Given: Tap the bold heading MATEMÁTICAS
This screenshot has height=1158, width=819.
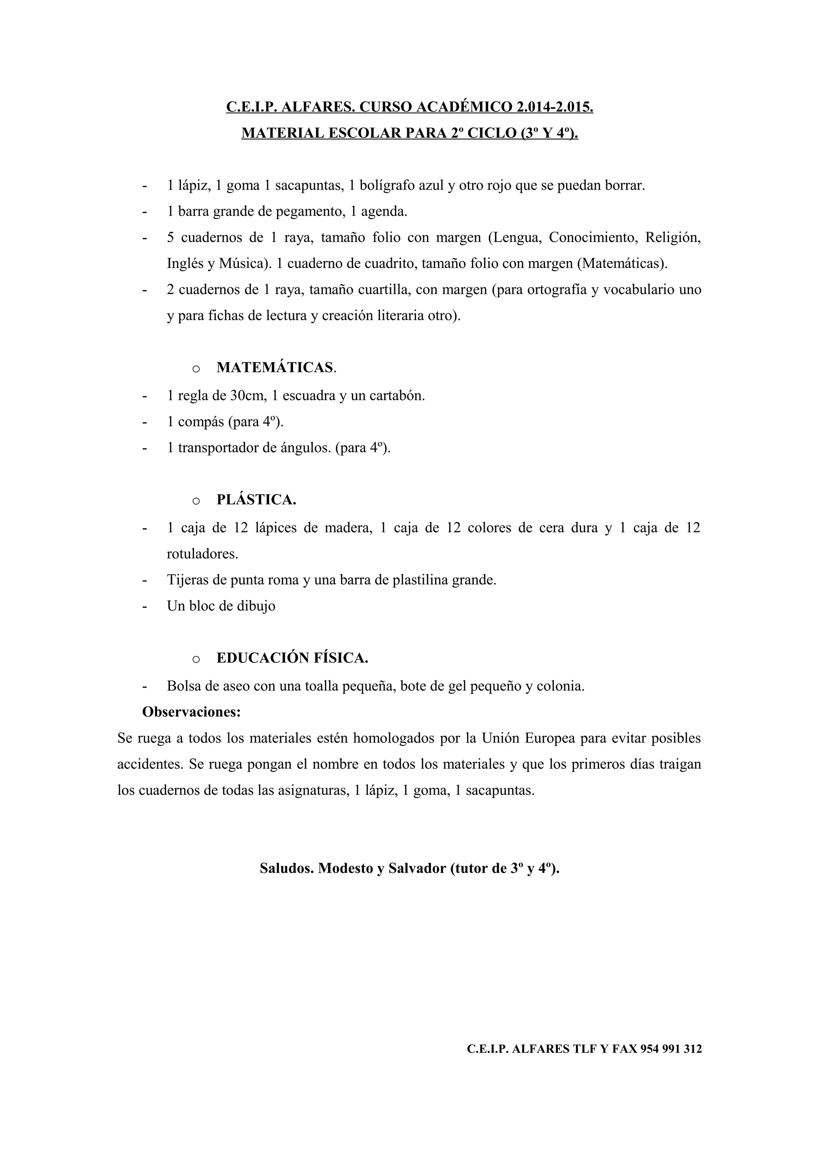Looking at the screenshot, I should pos(275,368).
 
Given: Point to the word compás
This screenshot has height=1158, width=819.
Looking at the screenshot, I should pos(201,422).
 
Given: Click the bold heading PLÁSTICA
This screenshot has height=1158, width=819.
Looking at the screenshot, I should pos(256,500).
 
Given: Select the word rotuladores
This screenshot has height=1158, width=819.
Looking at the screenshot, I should pos(202,554).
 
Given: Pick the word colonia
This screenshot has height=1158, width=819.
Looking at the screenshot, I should pos(561,686).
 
